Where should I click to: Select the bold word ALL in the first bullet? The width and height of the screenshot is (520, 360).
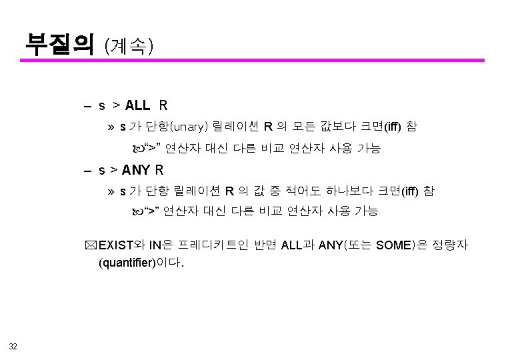pos(137,105)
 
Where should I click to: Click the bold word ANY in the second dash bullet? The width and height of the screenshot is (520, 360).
pos(136,170)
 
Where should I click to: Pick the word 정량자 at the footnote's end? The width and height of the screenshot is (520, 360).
pos(453,245)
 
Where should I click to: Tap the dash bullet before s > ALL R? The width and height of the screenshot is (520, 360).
pos(88,106)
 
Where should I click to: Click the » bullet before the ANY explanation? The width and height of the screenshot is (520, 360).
pos(111,192)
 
